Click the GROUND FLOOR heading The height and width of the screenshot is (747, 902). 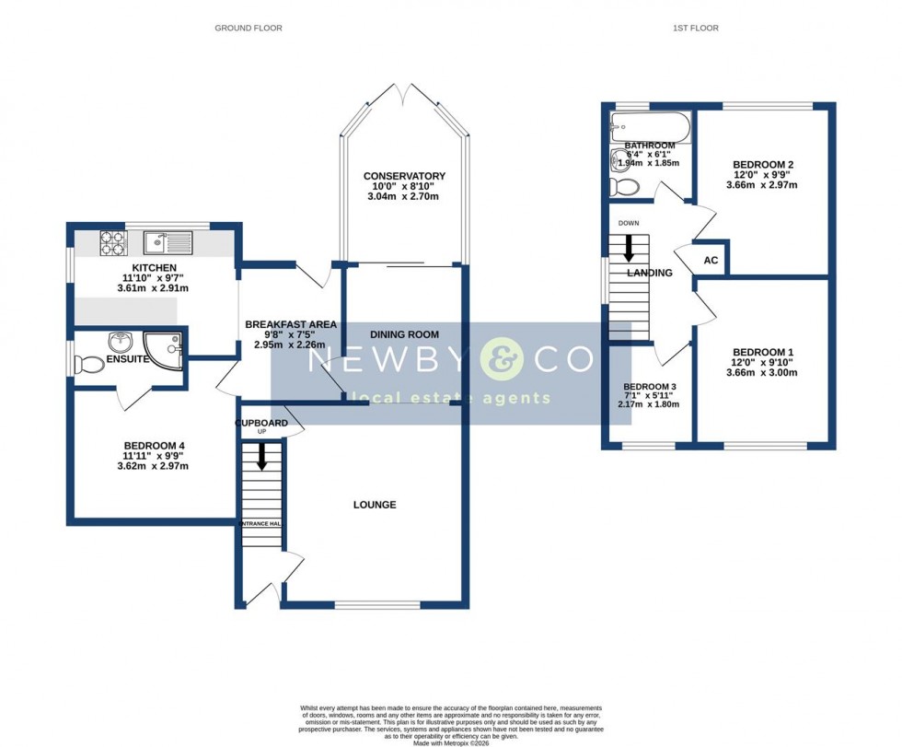249,29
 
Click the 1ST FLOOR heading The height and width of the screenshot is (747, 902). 695,29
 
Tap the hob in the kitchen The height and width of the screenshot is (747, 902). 112,242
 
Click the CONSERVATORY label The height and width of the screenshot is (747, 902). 404,176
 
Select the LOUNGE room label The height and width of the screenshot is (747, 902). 375,505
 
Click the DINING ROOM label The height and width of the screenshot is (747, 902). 404,334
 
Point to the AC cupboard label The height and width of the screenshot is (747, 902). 711,260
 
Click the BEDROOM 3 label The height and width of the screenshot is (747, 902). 650,387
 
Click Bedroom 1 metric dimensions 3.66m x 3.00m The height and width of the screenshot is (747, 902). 763,373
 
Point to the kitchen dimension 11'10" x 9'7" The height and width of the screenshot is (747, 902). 154,278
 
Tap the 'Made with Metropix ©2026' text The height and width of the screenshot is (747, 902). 451,742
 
